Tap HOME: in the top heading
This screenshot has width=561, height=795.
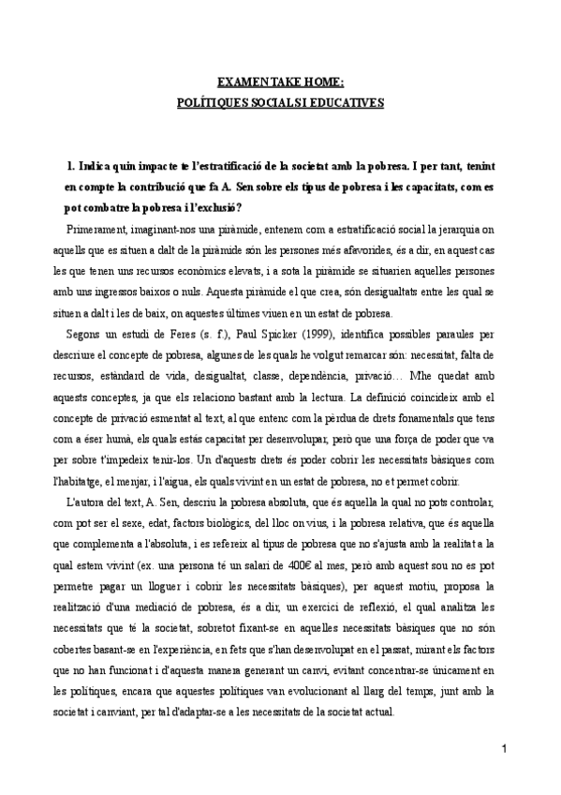point(324,80)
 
